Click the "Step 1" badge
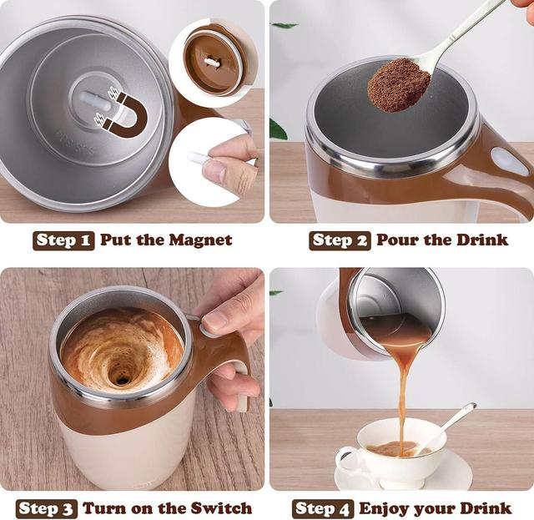coord(64,240)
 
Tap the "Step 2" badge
coord(340,240)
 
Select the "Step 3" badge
coord(47,508)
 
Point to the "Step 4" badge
coord(323,508)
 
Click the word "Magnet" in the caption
coord(199,240)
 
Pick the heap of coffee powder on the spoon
coord(398,83)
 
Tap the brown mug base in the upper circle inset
coord(213,62)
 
